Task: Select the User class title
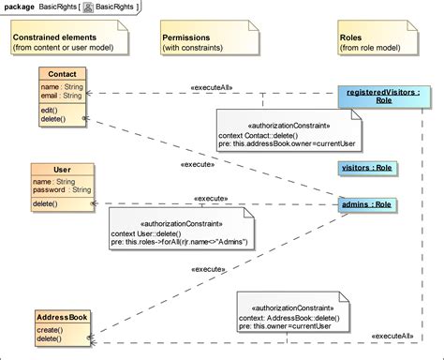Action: pos(62,170)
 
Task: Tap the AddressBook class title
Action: pos(63,318)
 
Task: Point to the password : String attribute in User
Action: pos(63,189)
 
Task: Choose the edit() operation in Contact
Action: pos(51,109)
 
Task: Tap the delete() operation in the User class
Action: pos(46,203)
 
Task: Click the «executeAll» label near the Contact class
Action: pos(212,87)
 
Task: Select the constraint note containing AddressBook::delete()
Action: pos(289,319)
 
